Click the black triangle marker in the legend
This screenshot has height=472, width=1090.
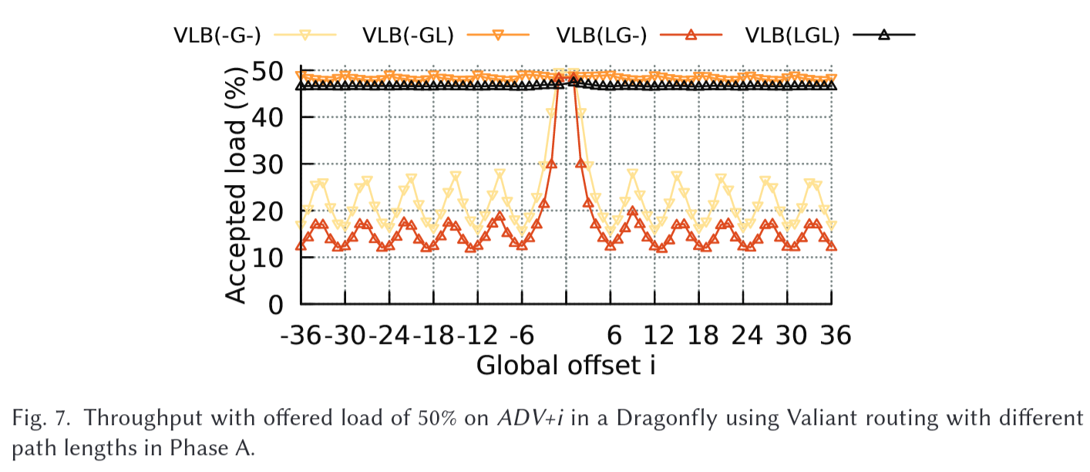[884, 34]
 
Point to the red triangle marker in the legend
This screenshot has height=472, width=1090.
[691, 34]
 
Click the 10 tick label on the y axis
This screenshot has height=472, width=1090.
[274, 258]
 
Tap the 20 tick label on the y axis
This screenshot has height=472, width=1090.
[274, 211]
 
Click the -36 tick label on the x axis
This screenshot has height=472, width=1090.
[307, 336]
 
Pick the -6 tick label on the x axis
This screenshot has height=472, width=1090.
[522, 336]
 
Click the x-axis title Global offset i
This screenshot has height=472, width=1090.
[566, 365]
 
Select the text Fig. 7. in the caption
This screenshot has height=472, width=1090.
[39, 420]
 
